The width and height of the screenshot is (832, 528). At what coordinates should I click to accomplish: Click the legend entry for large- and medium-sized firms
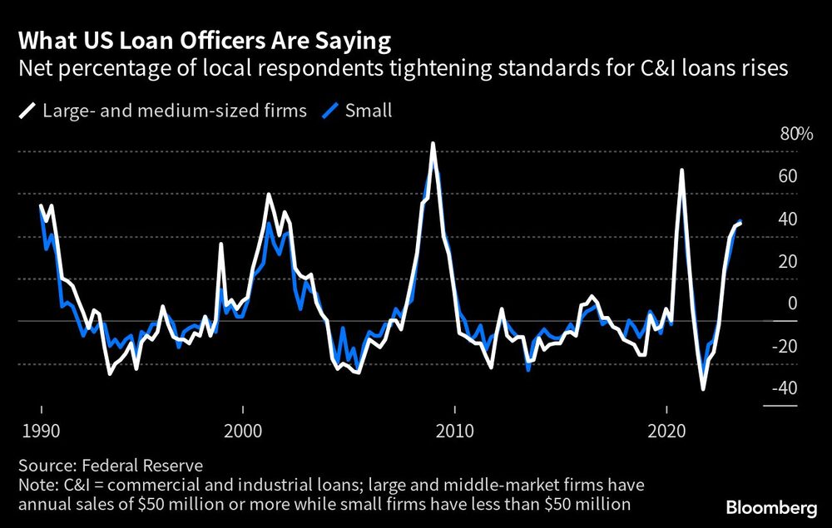coord(153,109)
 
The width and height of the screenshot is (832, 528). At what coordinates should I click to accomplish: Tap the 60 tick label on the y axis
coord(787,176)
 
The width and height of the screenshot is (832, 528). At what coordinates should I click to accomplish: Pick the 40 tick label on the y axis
coord(787,219)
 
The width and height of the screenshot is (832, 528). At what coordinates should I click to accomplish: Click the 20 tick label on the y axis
coord(787,261)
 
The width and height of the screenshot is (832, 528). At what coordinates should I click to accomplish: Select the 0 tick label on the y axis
coord(792,303)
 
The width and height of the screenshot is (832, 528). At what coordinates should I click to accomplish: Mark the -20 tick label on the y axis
coord(785,346)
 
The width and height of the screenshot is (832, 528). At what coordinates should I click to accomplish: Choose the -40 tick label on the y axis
coord(785,388)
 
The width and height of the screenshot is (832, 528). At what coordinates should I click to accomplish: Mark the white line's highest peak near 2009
coord(433,144)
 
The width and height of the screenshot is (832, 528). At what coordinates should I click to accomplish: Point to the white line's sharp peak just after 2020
coord(682,170)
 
